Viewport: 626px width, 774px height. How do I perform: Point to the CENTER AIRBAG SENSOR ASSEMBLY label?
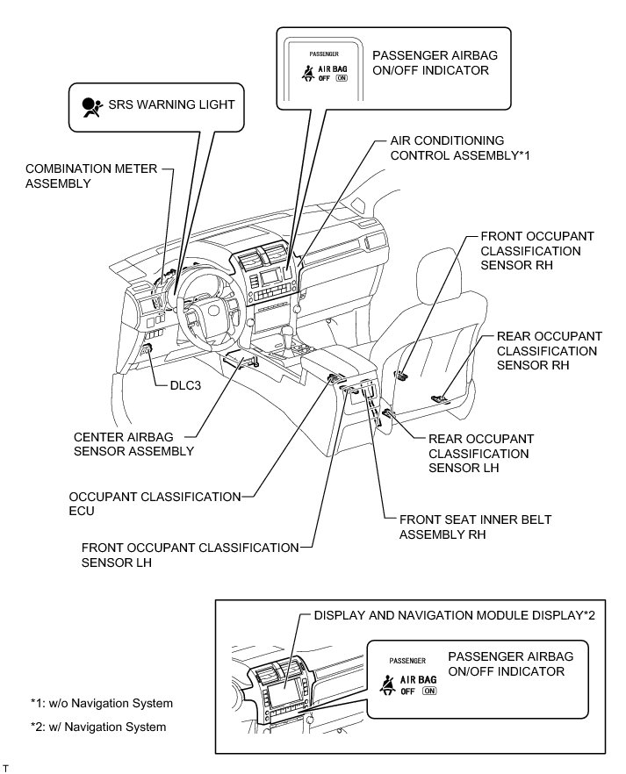(133, 443)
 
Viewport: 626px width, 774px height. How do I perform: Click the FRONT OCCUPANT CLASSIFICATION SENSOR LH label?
(191, 555)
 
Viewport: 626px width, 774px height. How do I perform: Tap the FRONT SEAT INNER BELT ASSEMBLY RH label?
(475, 527)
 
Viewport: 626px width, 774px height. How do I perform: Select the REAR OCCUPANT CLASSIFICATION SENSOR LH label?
(480, 453)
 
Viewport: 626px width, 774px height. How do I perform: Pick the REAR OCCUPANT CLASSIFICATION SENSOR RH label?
(549, 350)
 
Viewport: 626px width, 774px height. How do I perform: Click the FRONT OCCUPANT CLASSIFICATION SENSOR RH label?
(536, 251)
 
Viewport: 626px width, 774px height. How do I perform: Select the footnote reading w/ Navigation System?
(97, 727)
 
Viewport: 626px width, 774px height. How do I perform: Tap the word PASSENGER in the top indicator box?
(312, 54)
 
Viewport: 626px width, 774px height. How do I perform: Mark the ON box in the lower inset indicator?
(428, 691)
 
